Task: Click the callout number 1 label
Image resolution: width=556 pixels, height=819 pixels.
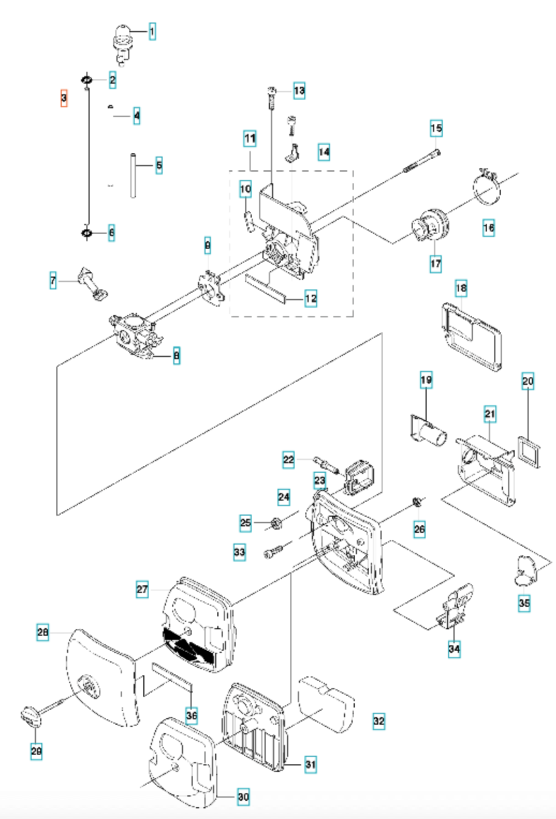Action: [152, 32]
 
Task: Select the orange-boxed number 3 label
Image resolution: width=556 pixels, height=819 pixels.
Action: [64, 98]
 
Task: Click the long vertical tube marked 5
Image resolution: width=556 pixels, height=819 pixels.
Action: [132, 176]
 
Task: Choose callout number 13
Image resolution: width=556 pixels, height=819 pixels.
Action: [299, 91]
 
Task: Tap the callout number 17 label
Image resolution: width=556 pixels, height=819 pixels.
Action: [436, 263]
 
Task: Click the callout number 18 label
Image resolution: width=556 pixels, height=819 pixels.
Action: [461, 288]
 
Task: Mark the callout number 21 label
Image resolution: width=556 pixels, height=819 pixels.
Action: [489, 414]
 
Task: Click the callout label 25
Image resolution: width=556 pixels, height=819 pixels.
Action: [245, 522]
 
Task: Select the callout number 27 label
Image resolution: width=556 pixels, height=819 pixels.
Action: [142, 590]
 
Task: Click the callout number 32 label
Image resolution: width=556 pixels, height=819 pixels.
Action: [379, 721]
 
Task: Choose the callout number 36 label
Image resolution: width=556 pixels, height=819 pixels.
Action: [192, 714]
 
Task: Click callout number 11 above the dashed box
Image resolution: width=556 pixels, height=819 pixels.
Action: [250, 139]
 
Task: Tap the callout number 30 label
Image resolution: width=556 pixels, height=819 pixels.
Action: [243, 797]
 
